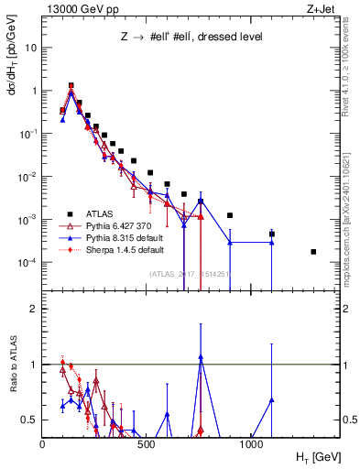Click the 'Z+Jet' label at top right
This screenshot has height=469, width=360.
(320, 8)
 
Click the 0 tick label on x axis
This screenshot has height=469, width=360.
(43, 444)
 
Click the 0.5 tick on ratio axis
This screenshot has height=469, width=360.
(29, 420)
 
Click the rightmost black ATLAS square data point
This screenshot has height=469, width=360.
(313, 252)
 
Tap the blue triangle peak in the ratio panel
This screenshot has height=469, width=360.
(200, 356)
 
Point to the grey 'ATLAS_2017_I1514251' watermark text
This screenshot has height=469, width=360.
(183, 274)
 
